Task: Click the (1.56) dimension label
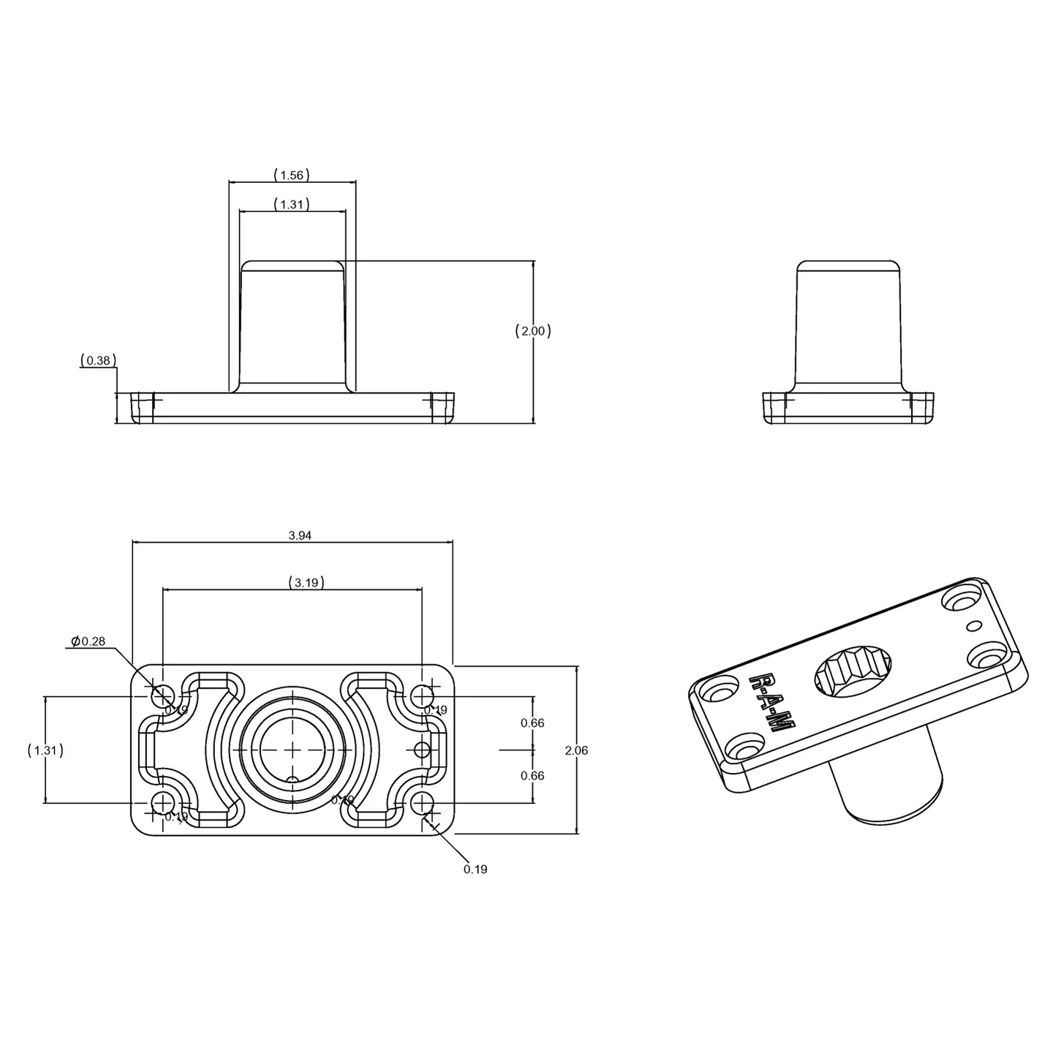(292, 175)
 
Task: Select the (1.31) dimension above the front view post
(292, 205)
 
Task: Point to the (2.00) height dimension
(533, 331)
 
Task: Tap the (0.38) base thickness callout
(98, 360)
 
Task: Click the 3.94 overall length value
(300, 535)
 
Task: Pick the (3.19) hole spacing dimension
(306, 583)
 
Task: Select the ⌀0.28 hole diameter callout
(88, 641)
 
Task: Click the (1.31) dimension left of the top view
(45, 750)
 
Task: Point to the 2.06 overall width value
(576, 750)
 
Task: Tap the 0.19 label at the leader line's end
(475, 869)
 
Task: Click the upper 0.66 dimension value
(532, 723)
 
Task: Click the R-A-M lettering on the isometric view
(772, 702)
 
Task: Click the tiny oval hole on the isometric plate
(973, 625)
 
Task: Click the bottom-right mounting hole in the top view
(422, 804)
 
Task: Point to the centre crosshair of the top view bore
(292, 750)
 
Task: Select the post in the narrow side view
(848, 325)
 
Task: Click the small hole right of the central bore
(422, 750)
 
